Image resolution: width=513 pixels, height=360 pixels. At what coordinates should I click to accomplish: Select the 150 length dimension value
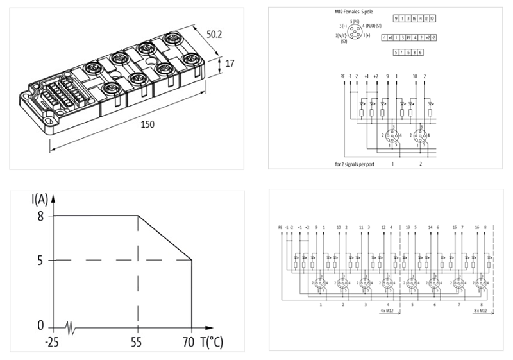(147, 124)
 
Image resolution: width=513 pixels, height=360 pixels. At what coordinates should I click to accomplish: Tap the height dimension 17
(230, 64)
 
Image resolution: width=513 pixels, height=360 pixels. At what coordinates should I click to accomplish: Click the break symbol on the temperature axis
(76, 327)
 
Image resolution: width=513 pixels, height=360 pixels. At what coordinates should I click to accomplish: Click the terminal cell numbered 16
(414, 19)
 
